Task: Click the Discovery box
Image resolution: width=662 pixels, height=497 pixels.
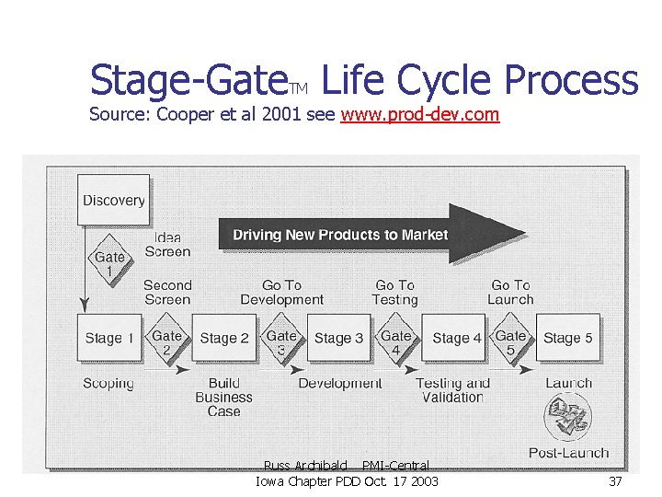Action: (x=113, y=200)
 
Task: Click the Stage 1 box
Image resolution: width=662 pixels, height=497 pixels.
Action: (x=108, y=338)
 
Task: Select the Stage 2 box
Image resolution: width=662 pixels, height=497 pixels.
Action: (x=223, y=338)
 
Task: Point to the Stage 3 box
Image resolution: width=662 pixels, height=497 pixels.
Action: (x=338, y=338)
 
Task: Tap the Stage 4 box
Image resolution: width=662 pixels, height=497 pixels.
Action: (x=456, y=338)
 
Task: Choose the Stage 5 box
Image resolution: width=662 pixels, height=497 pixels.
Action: (x=567, y=338)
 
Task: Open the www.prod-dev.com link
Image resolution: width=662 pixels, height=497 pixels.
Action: (x=419, y=115)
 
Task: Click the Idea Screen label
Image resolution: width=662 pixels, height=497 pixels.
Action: (x=167, y=244)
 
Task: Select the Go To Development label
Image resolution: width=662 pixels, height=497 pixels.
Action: (x=281, y=293)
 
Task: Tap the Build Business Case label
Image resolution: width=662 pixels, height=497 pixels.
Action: (x=223, y=398)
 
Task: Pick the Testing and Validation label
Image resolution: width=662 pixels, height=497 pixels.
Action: (x=452, y=390)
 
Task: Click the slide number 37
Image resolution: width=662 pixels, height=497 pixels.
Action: (x=615, y=481)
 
